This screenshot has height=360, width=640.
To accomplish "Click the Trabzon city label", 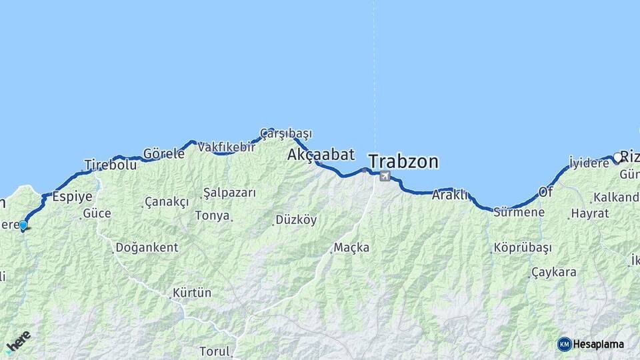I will [403, 161].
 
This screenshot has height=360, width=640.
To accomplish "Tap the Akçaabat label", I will [321, 155].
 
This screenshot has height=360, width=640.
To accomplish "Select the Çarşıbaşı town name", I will [286, 133].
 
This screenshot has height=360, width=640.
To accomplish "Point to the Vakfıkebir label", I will [227, 147].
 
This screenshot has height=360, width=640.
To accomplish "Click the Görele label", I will [164, 153].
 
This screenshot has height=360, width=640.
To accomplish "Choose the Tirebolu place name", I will [111, 165].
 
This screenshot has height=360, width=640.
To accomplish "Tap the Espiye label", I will [72, 196].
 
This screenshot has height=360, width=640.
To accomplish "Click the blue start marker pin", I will [23, 225].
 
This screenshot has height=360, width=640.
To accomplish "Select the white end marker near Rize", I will [618, 158].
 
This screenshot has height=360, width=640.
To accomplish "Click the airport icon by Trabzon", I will [385, 177].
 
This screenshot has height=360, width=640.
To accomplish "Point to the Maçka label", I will [352, 248].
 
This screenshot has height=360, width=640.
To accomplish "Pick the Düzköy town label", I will [296, 220].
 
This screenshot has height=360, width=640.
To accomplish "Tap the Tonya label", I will [213, 216].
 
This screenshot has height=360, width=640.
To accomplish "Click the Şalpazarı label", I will [229, 193].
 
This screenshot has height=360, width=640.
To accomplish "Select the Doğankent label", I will [147, 247].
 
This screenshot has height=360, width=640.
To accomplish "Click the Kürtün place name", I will [192, 293].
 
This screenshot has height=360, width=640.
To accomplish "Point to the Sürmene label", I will [519, 213].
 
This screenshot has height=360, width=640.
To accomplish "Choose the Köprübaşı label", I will [523, 248].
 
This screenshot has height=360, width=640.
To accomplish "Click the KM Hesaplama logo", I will [591, 344].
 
